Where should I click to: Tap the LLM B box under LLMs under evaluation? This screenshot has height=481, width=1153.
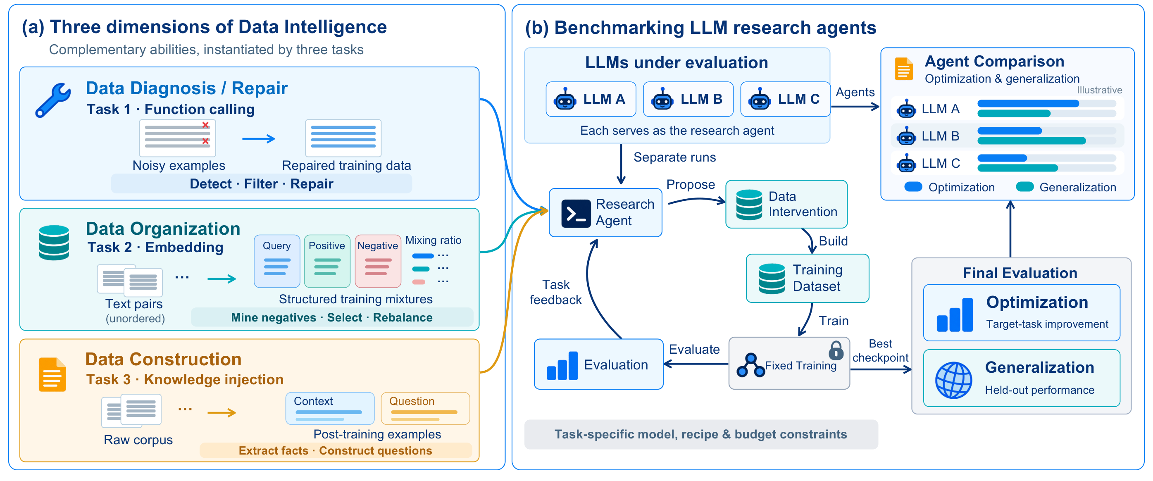(688, 99)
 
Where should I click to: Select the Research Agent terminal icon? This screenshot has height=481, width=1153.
(576, 213)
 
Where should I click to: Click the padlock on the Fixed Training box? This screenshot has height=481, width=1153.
(836, 350)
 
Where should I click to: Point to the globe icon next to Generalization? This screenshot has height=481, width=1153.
(953, 380)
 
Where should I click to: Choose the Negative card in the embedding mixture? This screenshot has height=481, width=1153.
(378, 261)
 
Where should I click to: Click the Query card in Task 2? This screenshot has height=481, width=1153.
(277, 261)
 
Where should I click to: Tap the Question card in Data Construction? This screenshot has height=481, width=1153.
(425, 409)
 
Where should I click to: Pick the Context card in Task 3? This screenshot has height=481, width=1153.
(330, 409)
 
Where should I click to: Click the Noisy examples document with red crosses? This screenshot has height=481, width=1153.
(178, 138)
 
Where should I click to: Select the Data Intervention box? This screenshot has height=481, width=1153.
(786, 205)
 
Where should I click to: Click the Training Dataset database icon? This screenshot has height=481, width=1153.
(772, 278)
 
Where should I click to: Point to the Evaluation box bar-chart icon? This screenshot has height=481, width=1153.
(562, 366)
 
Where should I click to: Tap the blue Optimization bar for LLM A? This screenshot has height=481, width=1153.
(1028, 104)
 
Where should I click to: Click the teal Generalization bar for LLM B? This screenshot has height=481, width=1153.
(1032, 141)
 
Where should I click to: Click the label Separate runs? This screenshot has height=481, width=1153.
(674, 157)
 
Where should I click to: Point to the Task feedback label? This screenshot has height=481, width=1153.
(555, 292)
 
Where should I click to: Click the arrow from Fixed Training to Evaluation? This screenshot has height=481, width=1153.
(696, 364)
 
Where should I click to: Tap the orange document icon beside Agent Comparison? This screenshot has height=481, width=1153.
(904, 69)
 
